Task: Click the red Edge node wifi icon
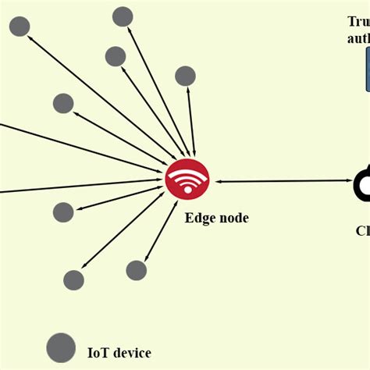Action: point(187,179)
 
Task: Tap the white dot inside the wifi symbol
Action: point(187,190)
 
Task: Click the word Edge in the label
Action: point(199,219)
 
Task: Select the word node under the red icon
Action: point(233,219)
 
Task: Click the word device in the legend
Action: point(133,353)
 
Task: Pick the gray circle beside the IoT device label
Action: point(61,348)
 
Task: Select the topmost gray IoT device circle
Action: point(123,16)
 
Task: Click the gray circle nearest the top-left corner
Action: point(20,27)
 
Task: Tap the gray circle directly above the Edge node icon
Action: point(185,76)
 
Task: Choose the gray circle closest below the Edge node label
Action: point(137,270)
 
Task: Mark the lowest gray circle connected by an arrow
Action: point(73,280)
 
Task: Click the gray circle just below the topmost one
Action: point(116,56)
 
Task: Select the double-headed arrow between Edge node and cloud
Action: point(281,181)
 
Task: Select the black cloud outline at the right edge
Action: point(362,185)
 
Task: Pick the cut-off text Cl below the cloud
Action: point(362,230)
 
